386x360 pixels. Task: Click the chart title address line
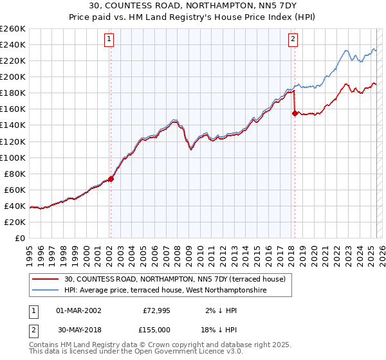pos(193,6)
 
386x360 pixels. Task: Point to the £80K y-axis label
pos(14,174)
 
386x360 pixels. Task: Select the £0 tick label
pos(19,238)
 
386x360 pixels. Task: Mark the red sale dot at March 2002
pos(111,179)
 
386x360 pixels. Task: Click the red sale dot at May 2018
pos(295,113)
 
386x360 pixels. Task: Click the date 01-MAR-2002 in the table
pos(78,310)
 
